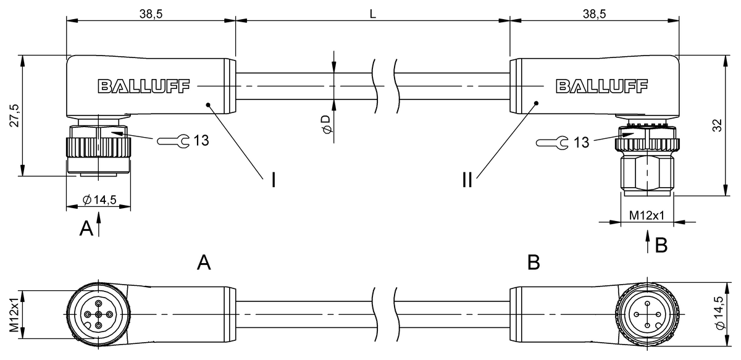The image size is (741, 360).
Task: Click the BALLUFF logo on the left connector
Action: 143,86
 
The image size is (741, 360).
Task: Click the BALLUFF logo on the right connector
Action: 602,86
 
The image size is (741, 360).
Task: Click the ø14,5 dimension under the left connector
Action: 99,199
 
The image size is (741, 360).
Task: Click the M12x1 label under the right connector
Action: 647,215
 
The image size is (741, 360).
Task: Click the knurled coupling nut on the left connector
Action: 98,149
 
